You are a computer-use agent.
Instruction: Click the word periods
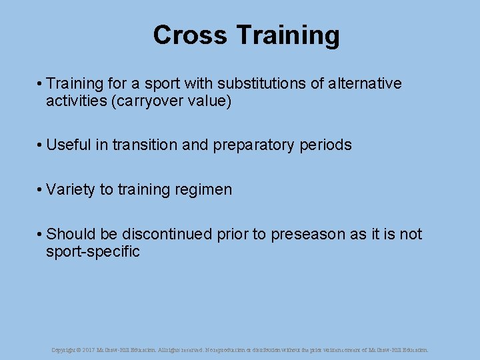tap(326, 145)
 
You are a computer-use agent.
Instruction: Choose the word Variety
tap(71, 190)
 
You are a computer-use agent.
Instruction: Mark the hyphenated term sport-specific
tap(93, 252)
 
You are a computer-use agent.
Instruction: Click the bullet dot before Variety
tap(41, 190)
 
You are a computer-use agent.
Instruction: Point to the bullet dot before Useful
tap(41, 145)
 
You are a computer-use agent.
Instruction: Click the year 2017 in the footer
tap(88, 349)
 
